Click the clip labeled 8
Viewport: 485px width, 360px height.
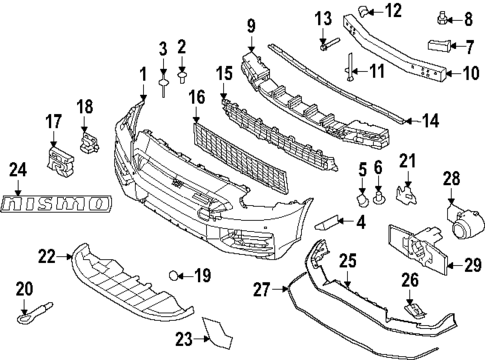(442, 18)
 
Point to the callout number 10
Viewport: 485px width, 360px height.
(465, 72)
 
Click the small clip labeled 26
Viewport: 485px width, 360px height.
(409, 311)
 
